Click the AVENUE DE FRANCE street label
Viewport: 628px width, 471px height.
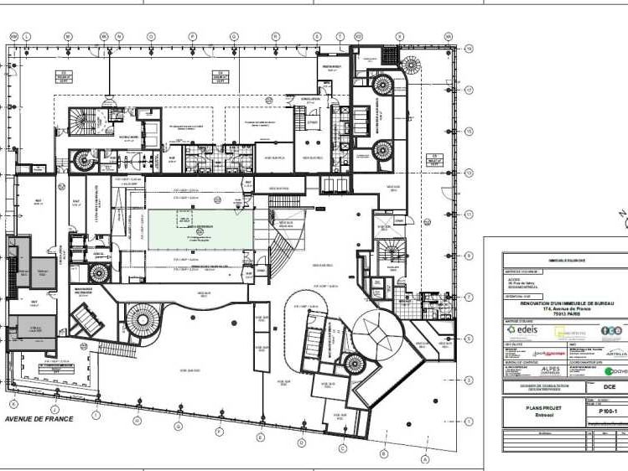tap(39, 418)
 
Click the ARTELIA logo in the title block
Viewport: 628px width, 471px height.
tap(616, 354)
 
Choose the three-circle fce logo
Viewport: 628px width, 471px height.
tap(612, 330)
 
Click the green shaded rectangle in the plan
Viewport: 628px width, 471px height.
tap(200, 229)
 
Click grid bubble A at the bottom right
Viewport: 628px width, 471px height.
tap(425, 459)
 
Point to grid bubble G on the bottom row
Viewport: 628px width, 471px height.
tap(179, 426)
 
